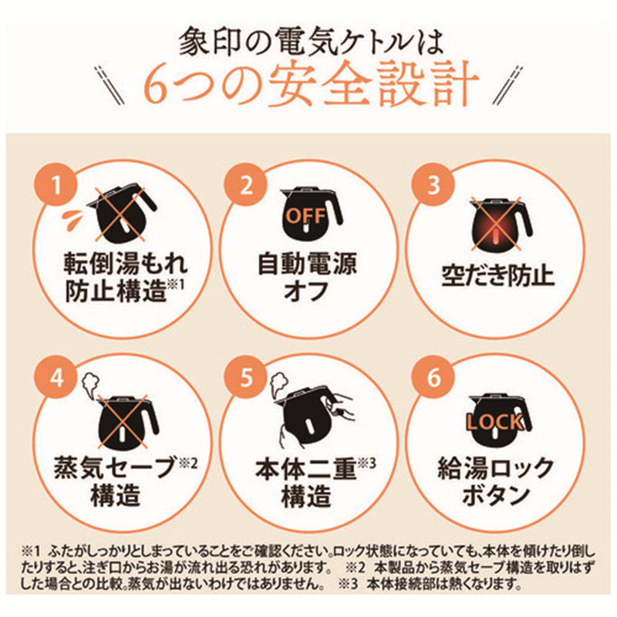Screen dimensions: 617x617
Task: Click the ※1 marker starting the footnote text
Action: click(28, 552)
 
